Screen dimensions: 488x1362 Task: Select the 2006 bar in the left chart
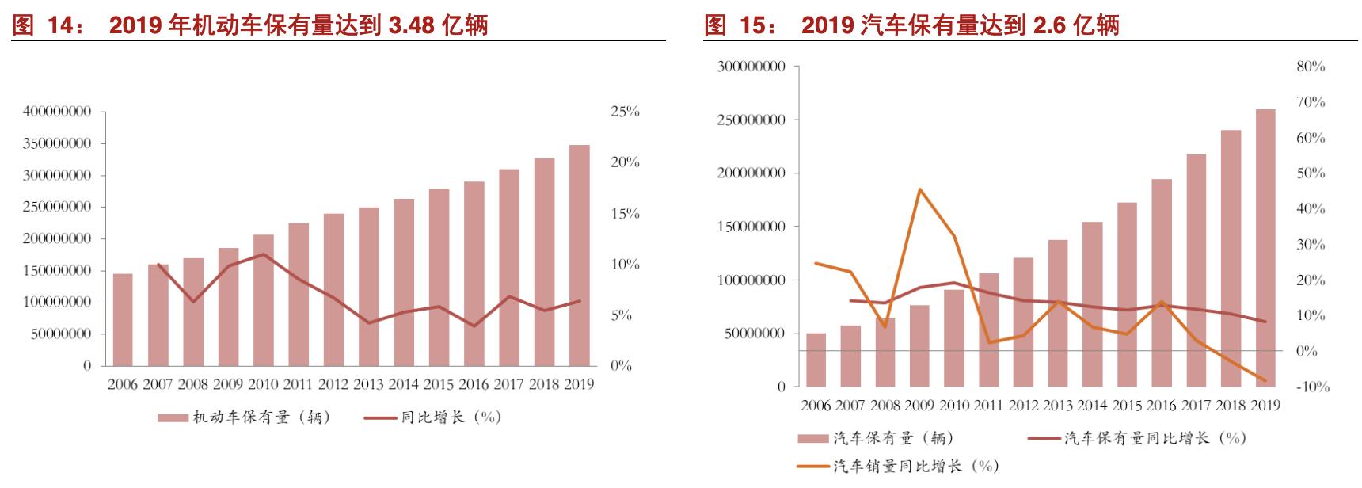point(123,319)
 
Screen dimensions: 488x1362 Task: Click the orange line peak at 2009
point(919,189)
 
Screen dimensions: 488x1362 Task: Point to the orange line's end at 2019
point(1265,381)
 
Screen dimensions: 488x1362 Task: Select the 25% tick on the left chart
point(625,112)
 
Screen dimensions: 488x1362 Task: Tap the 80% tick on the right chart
point(1311,67)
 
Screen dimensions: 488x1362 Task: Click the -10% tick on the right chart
point(1312,387)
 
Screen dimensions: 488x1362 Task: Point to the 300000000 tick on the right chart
point(751,67)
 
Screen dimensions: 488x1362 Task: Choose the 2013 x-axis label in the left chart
point(368,385)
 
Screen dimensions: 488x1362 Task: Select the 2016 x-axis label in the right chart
point(1161,406)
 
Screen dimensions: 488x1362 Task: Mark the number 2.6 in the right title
point(1051,26)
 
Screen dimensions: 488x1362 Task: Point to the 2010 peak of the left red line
point(263,254)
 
